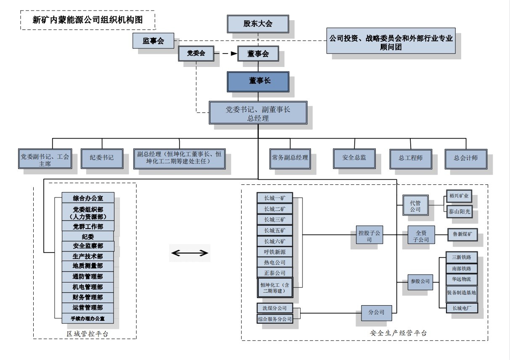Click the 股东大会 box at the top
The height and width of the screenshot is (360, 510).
tap(258, 24)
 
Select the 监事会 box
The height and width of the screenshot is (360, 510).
tap(153, 41)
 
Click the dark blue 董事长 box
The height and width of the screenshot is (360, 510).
tap(258, 82)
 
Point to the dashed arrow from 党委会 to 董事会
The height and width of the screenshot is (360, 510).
tap(226, 53)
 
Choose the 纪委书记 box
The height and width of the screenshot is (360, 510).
tap(101, 158)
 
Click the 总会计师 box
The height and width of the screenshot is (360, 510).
tap(465, 158)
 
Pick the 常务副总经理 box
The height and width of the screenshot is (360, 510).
tap(290, 158)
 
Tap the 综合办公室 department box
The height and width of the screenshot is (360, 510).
tap(88, 198)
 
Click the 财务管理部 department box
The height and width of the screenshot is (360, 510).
tap(88, 297)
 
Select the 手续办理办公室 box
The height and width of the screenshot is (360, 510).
tap(88, 318)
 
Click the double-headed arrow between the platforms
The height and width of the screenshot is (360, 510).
tap(190, 253)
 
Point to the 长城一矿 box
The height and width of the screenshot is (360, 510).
tap(274, 198)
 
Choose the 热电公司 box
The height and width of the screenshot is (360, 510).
tap(274, 262)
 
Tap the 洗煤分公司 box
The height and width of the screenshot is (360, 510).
tap(274, 308)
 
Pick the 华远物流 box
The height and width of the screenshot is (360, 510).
tap(461, 279)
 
